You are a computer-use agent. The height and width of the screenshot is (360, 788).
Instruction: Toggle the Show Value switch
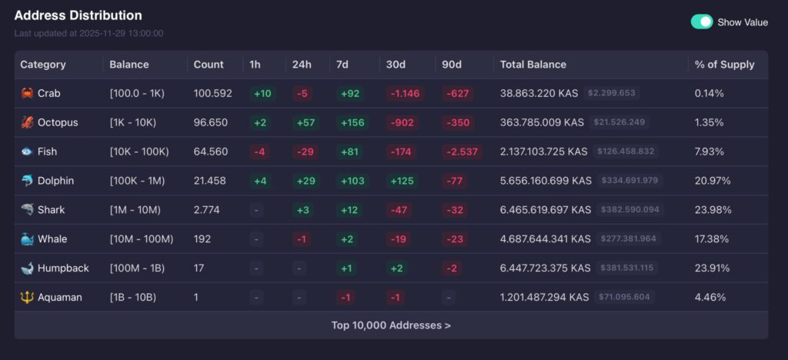[701, 22]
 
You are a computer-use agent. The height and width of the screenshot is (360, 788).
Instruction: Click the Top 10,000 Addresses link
[391, 325]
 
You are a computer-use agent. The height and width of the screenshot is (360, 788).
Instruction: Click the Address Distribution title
[78, 15]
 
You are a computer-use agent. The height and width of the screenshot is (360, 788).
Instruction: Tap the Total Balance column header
[533, 65]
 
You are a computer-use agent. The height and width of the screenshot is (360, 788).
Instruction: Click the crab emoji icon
[27, 93]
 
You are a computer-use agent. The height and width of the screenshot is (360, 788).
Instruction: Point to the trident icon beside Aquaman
[27, 297]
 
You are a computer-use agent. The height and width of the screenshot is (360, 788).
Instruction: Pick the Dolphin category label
[55, 181]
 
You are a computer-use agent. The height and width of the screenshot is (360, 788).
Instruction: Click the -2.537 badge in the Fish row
[461, 152]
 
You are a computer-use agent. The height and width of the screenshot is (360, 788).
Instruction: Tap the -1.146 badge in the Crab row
[405, 93]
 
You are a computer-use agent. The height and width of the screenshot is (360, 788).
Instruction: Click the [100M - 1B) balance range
[138, 268]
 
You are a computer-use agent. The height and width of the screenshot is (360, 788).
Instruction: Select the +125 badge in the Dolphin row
[401, 181]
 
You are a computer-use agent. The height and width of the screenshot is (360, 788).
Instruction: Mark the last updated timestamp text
[88, 33]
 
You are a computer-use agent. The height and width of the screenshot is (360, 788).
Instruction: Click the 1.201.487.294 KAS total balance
[544, 297]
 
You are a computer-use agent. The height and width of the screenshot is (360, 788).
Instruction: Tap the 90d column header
[452, 65]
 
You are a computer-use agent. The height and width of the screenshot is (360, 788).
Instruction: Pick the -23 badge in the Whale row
[456, 239]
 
